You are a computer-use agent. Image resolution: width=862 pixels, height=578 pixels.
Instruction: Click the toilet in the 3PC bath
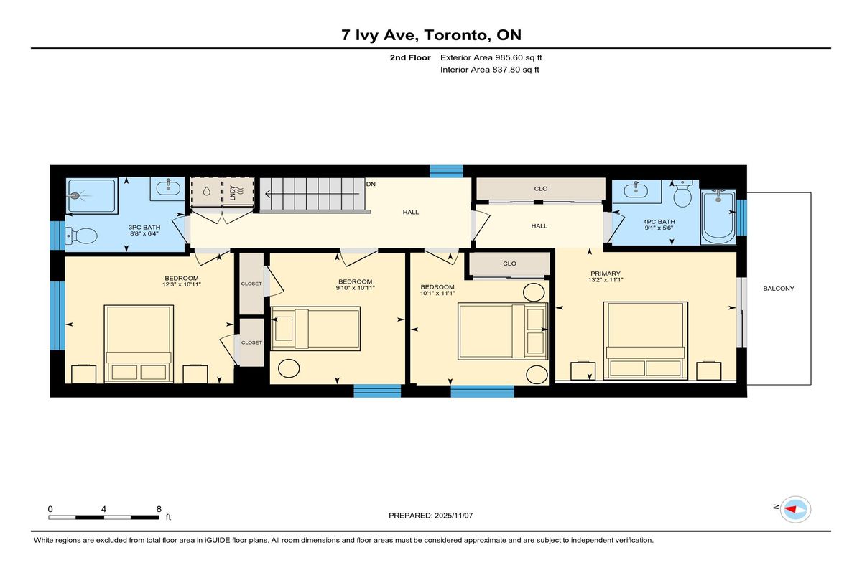tap(80, 236)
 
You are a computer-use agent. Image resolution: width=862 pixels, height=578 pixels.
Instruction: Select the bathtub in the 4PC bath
tap(718, 217)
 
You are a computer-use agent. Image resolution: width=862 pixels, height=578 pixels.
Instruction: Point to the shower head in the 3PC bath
tap(73, 196)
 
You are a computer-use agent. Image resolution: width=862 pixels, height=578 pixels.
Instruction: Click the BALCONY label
tap(778, 289)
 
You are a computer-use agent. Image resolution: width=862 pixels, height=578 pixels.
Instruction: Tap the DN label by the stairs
tap(371, 185)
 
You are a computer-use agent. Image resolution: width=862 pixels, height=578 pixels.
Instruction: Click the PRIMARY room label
tap(606, 274)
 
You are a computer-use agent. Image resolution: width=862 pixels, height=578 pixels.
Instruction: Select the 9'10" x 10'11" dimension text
tap(355, 288)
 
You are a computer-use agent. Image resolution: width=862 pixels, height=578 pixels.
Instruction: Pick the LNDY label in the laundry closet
tap(233, 192)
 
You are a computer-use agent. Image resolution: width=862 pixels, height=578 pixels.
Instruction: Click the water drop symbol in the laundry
tap(207, 191)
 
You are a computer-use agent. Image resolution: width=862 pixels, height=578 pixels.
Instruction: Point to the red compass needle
tap(790, 509)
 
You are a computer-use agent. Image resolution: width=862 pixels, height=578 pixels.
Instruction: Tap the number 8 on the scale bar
tap(159, 509)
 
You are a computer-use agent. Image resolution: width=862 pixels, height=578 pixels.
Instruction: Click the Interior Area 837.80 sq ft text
tap(489, 70)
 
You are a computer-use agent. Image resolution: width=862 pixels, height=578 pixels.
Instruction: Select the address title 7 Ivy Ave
tap(379, 35)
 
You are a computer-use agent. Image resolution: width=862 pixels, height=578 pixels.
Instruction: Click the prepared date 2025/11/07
tap(454, 516)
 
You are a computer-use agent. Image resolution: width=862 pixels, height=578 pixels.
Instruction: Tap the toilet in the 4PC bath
tap(682, 194)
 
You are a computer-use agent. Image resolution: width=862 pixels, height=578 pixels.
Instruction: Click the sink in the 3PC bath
tap(168, 187)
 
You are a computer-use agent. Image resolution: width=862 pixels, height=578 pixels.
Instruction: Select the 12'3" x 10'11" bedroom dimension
tap(182, 284)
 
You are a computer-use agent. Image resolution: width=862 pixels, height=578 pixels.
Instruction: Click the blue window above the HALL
tap(446, 171)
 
